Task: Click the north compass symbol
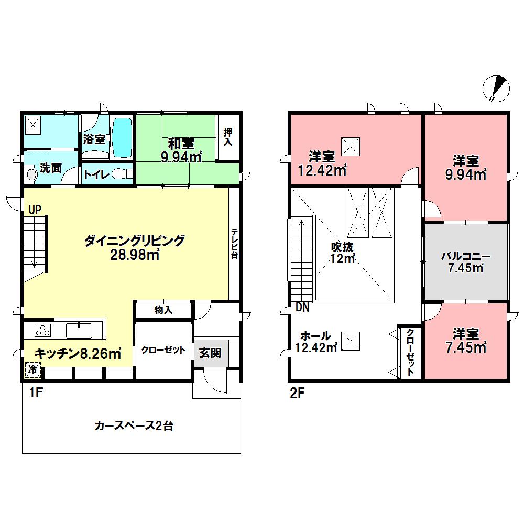495,88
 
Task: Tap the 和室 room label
181,143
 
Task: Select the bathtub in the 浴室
122,137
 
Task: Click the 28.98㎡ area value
135,255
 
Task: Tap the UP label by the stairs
35,210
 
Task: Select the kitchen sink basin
79,330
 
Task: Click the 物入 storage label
163,310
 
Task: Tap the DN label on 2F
302,308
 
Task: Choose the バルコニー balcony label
465,257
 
